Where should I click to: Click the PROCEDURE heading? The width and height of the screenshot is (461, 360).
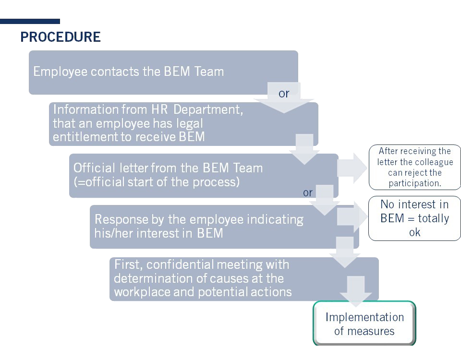(x=61, y=37)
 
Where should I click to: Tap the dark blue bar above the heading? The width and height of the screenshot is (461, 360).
(x=30, y=21)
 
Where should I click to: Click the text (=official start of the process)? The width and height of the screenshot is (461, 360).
(x=156, y=183)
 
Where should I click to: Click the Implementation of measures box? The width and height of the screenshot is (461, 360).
(x=364, y=324)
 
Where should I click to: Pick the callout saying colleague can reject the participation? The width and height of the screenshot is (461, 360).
(x=415, y=168)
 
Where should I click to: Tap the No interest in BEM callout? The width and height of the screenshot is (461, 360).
(x=414, y=218)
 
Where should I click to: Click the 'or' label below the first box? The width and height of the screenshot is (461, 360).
(x=284, y=93)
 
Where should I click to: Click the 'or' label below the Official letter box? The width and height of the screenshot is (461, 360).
(x=308, y=192)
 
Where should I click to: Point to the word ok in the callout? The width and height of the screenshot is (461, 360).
(x=414, y=232)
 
